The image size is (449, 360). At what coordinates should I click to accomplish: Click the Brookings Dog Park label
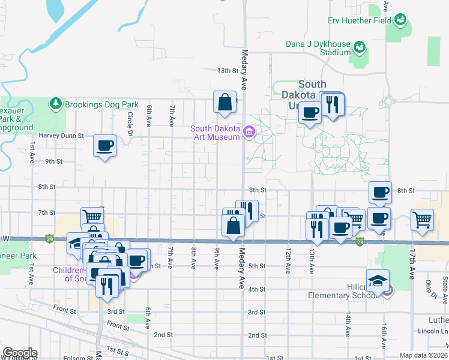102,104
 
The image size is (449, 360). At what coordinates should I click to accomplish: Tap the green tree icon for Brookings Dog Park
56,104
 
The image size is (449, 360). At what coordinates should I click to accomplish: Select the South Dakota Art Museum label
216,133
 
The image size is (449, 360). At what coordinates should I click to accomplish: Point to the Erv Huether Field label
359,20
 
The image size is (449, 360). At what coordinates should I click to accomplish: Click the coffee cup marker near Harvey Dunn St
105,145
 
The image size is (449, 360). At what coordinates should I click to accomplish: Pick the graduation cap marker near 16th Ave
378,281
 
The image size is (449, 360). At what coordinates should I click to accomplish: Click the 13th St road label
228,71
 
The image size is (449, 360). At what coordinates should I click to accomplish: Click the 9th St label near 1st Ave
54,161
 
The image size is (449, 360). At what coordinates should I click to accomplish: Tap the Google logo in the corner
20,353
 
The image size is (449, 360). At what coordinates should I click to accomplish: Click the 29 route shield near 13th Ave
359,241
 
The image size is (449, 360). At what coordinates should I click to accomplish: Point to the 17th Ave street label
412,265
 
